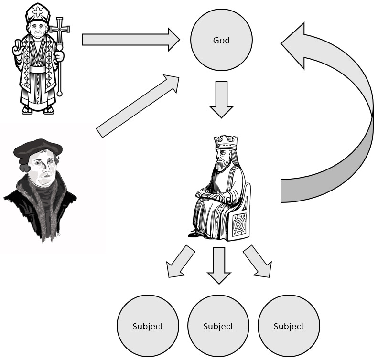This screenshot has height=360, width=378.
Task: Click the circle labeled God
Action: point(221,41)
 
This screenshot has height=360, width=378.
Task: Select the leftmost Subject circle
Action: point(147,326)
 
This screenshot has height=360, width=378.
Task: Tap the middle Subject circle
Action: point(218,326)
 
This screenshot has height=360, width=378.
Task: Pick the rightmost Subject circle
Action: point(289,326)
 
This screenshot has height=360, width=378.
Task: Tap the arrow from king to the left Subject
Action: point(180,263)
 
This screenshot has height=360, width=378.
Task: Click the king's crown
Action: point(226,142)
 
